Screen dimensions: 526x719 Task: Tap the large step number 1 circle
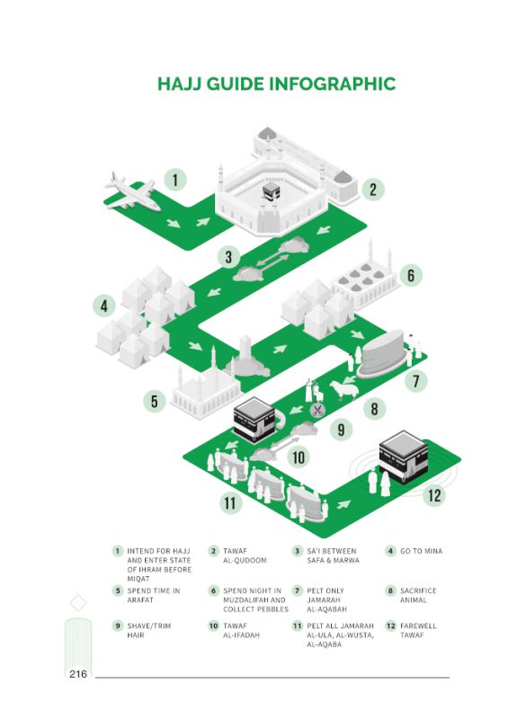(x=175, y=180)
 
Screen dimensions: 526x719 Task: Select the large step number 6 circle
(x=410, y=276)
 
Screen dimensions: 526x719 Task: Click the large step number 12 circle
(x=433, y=495)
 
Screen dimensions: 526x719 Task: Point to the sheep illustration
(x=342, y=390)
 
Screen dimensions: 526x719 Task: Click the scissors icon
(x=317, y=410)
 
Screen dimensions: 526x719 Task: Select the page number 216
(x=78, y=673)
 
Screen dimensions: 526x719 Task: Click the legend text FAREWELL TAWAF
(x=418, y=631)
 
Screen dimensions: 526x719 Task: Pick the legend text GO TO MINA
(x=421, y=551)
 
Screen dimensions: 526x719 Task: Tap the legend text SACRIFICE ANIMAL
(x=418, y=595)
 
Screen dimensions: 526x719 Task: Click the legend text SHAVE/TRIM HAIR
(x=148, y=631)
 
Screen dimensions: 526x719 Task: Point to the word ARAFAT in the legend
(x=140, y=599)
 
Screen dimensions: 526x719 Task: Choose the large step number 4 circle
(x=104, y=306)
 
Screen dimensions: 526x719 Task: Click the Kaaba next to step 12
(x=404, y=457)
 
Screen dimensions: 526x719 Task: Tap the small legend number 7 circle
(x=298, y=590)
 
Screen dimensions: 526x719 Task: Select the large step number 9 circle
(x=341, y=430)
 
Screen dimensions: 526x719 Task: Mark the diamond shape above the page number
(x=78, y=602)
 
